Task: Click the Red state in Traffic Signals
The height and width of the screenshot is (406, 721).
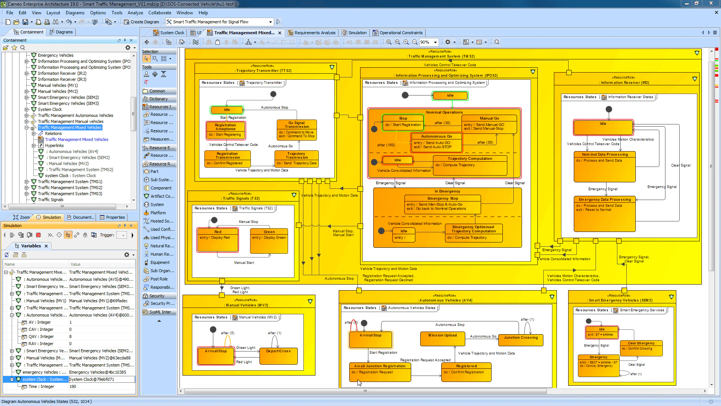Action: pyautogui.click(x=218, y=241)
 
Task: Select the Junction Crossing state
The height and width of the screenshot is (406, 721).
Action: pyautogui.click(x=521, y=340)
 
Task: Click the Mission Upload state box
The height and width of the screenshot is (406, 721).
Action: pyautogui.click(x=443, y=339)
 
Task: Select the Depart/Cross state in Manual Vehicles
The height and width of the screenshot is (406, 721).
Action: pyautogui.click(x=278, y=356)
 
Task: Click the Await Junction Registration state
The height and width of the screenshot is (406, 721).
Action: pyautogui.click(x=380, y=372)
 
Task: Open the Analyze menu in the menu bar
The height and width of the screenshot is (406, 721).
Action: pyautogui.click(x=135, y=12)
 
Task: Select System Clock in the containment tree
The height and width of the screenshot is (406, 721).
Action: pyautogui.click(x=50, y=109)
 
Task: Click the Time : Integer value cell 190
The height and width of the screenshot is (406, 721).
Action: pyautogui.click(x=101, y=386)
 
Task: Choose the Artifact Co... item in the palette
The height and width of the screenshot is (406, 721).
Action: pyautogui.click(x=162, y=196)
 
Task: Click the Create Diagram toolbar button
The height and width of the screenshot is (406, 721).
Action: pyautogui.click(x=142, y=22)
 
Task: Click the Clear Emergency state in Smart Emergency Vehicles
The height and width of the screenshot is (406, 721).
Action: pyautogui.click(x=641, y=348)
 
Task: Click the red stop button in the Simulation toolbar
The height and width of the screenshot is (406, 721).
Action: pyautogui.click(x=38, y=235)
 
